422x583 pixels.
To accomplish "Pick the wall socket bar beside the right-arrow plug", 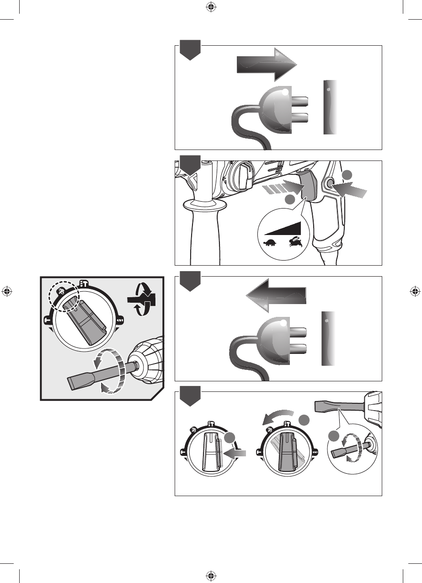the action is [x=331, y=107].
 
